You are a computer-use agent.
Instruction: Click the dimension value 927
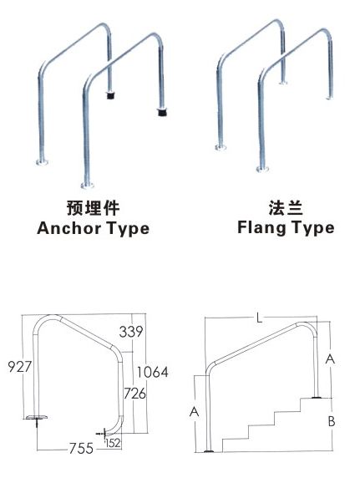19,366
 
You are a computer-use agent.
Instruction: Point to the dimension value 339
132,332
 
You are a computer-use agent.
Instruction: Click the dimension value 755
80,450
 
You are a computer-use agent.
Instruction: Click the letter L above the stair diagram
260,318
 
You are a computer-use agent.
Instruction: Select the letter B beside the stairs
331,421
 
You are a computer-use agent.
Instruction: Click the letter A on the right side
331,359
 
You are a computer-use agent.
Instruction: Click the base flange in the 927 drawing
37,417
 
